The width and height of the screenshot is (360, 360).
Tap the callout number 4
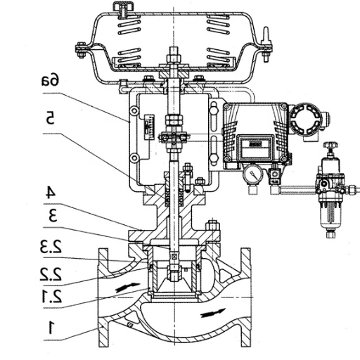click(50, 191)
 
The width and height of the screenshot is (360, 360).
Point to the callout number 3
click(50, 216)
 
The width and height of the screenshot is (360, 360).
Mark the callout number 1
click(50, 326)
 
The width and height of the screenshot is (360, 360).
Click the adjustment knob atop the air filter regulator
click(329, 147)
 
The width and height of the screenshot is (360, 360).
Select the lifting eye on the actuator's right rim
click(266, 37)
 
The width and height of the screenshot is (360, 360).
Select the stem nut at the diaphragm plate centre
click(173, 53)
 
